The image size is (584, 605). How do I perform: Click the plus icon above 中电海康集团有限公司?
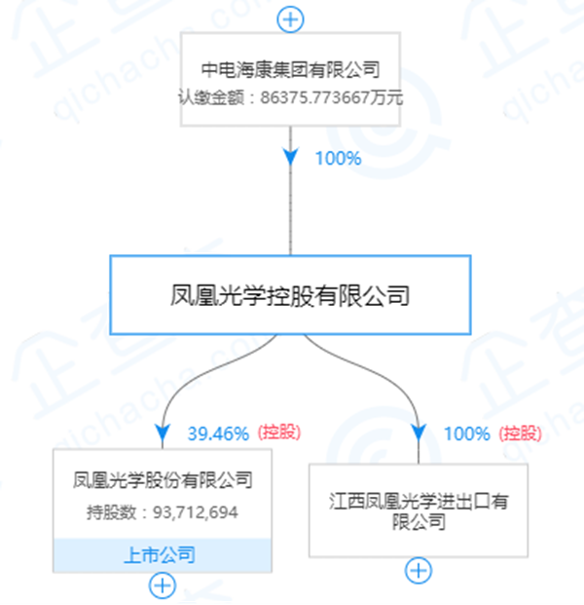(x=291, y=18)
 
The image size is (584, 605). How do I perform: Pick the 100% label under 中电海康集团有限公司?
(x=337, y=158)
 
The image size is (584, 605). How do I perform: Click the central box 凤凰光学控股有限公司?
(x=289, y=295)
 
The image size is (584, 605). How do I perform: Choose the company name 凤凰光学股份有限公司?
(x=163, y=479)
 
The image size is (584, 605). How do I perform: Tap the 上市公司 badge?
(x=163, y=555)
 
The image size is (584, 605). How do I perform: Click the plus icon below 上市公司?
(x=163, y=586)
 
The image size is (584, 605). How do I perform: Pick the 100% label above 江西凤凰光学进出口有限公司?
(x=466, y=434)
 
